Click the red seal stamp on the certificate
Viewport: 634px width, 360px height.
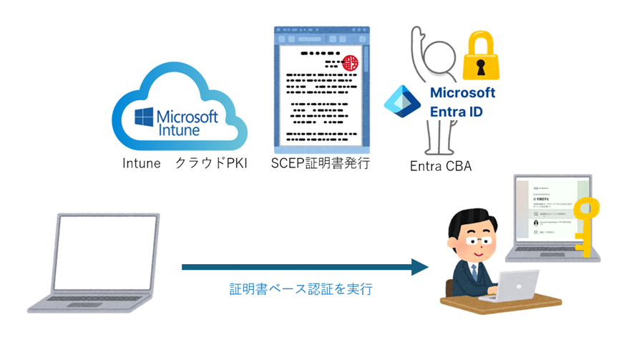pyautogui.click(x=351, y=63)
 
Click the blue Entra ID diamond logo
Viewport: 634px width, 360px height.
pyautogui.click(x=404, y=101)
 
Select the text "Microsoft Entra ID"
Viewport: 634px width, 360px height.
pyautogui.click(x=462, y=102)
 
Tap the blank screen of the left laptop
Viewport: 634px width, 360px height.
pyautogui.click(x=108, y=250)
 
